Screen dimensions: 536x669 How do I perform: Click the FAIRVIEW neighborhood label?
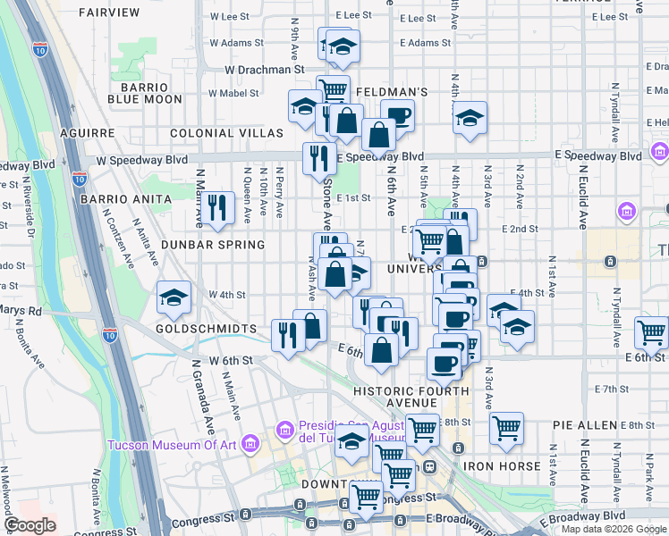tap(109, 13)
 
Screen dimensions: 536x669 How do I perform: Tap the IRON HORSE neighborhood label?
tap(502, 466)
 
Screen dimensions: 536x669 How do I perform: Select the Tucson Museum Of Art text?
tap(171, 446)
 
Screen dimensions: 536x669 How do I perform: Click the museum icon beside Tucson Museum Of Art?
tap(250, 444)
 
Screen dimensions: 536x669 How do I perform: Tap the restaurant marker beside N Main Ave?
tap(217, 207)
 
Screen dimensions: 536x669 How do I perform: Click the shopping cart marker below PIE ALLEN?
tap(506, 428)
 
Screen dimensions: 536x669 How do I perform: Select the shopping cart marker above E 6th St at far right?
tap(651, 332)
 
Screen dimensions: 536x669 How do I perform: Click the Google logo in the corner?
tap(30, 525)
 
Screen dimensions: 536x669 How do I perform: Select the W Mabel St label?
tap(233, 92)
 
